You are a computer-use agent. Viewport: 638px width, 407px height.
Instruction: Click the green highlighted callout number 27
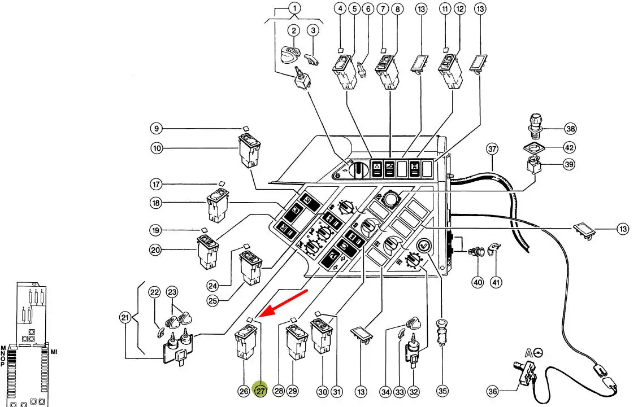pos(261,391)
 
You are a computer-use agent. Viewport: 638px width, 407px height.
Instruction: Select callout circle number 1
pos(295,8)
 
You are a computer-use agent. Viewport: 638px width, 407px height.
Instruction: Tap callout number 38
pos(571,129)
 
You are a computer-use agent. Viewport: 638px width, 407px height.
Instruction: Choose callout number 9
pos(157,128)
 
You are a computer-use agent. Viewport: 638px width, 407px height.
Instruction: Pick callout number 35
pos(442,391)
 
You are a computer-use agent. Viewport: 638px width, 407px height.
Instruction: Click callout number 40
pos(478,282)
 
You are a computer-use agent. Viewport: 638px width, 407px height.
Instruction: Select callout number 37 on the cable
pos(492,149)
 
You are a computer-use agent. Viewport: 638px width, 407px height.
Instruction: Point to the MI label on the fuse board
pos(54,352)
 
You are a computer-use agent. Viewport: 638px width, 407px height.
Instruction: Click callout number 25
pos(212,301)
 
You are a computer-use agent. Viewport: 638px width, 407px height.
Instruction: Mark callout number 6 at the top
pos(368,8)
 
